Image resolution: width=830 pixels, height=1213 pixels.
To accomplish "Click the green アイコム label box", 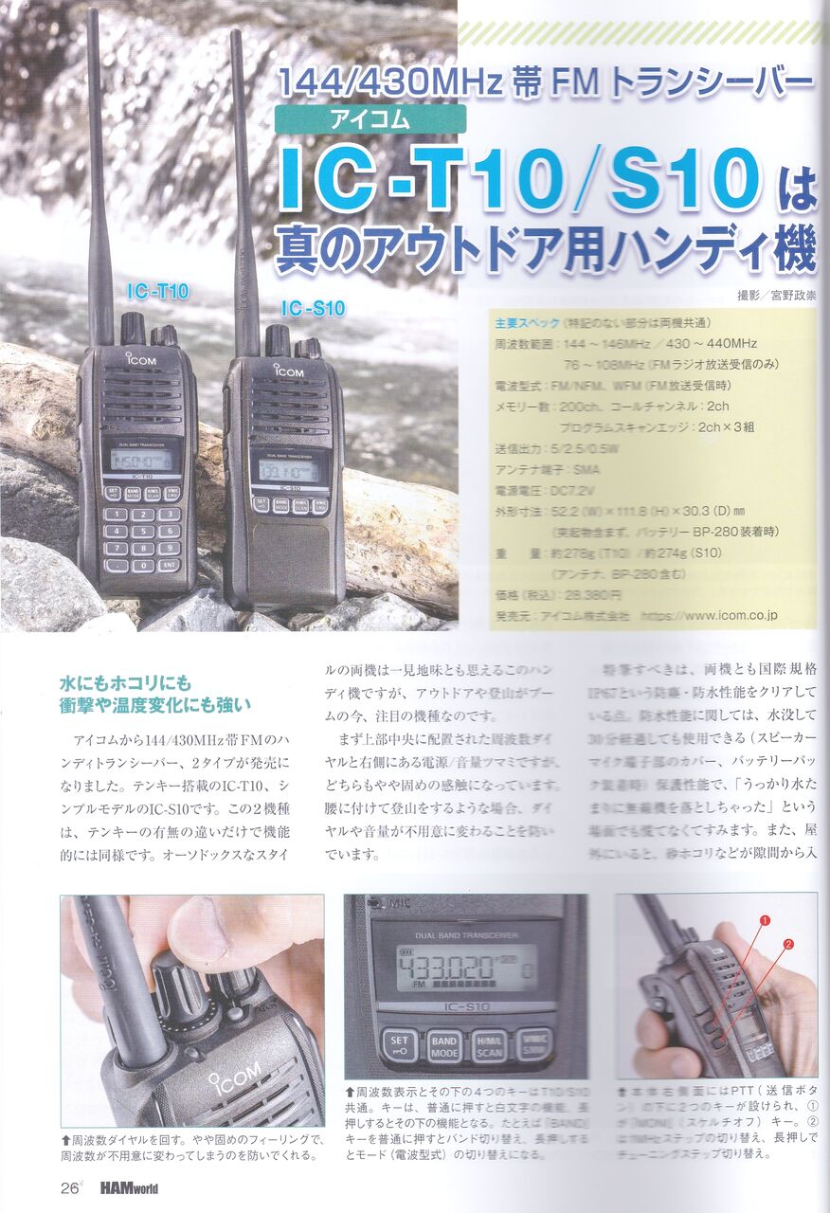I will pyautogui.click(x=370, y=119).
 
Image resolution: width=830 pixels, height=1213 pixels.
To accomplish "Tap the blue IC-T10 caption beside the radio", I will pyautogui.click(x=157, y=292).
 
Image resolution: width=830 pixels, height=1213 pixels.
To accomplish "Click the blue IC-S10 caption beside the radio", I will pyautogui.click(x=312, y=308).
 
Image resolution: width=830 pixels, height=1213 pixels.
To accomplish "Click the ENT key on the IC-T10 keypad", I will pyautogui.click(x=170, y=565).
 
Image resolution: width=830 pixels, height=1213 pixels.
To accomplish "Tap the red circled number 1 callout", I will pyautogui.click(x=764, y=919).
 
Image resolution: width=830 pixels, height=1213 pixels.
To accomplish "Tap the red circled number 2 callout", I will pyautogui.click(x=788, y=944).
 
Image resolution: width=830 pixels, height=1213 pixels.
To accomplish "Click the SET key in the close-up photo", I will pyautogui.click(x=399, y=1046).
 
